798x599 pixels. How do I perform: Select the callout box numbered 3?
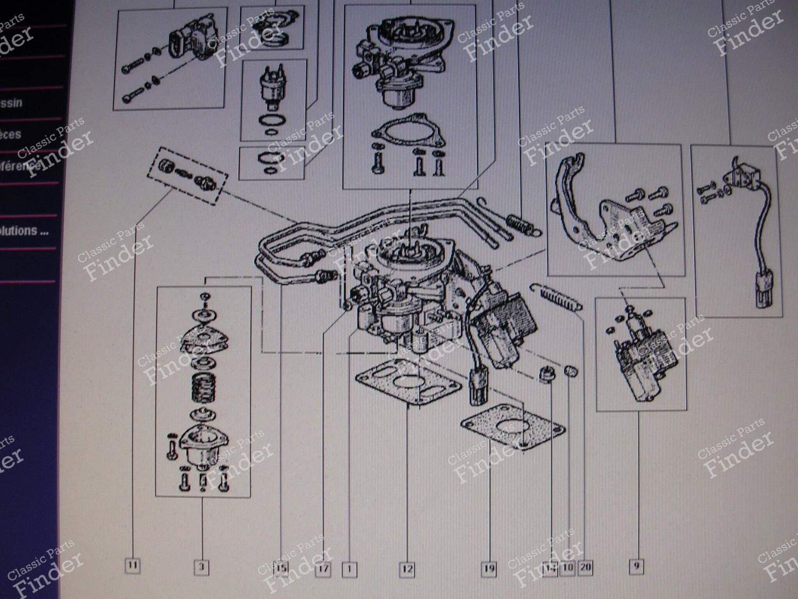point(201,567)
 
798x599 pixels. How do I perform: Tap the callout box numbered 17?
point(323,569)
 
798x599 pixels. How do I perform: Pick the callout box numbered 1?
point(349,569)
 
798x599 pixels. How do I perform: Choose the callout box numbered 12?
point(406,569)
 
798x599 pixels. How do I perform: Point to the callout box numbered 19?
point(488,569)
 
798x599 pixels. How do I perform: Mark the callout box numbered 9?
point(636,567)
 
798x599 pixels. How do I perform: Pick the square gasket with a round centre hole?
point(511,428)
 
